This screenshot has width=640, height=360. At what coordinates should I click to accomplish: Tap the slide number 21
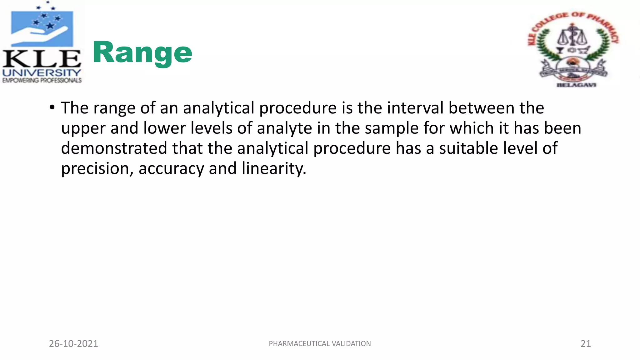click(x=585, y=343)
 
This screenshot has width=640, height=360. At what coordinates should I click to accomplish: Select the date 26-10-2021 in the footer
click(x=73, y=343)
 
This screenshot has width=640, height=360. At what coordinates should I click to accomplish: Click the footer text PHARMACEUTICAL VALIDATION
click(x=320, y=343)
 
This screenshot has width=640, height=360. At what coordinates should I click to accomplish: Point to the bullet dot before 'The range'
click(x=52, y=107)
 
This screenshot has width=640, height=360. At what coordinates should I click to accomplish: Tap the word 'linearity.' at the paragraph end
click(x=274, y=169)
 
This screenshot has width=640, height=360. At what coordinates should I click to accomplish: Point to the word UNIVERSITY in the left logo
click(x=42, y=73)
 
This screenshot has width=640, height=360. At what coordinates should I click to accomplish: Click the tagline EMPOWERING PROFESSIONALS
click(x=42, y=80)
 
